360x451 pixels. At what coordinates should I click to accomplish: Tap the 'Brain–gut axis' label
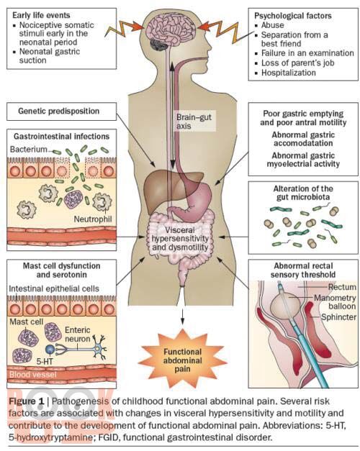[194, 122]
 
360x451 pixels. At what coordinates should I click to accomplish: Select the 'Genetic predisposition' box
[62, 111]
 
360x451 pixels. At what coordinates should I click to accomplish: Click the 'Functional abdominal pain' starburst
[183, 360]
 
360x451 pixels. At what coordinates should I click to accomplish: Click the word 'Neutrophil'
[93, 219]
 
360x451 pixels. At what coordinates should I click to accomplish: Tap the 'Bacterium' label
[28, 150]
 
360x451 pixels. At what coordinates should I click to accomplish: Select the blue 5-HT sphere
[50, 349]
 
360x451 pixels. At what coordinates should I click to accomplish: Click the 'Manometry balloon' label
[335, 301]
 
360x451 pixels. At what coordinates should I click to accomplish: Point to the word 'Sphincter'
[338, 317]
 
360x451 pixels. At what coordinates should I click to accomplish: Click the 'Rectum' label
[342, 287]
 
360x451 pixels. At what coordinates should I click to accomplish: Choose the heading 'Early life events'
[41, 15]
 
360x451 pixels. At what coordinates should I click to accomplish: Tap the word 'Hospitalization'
[289, 73]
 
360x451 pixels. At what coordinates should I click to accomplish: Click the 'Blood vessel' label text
[33, 375]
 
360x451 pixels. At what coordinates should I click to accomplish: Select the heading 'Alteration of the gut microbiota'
[303, 193]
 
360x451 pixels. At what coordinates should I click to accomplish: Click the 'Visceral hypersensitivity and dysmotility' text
[180, 239]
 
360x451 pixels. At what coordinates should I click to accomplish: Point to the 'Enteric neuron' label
[78, 334]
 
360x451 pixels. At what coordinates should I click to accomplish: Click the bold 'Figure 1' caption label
[26, 401]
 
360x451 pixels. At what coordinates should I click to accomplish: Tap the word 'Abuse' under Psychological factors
[272, 25]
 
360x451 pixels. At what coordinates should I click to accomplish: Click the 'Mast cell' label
[26, 322]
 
